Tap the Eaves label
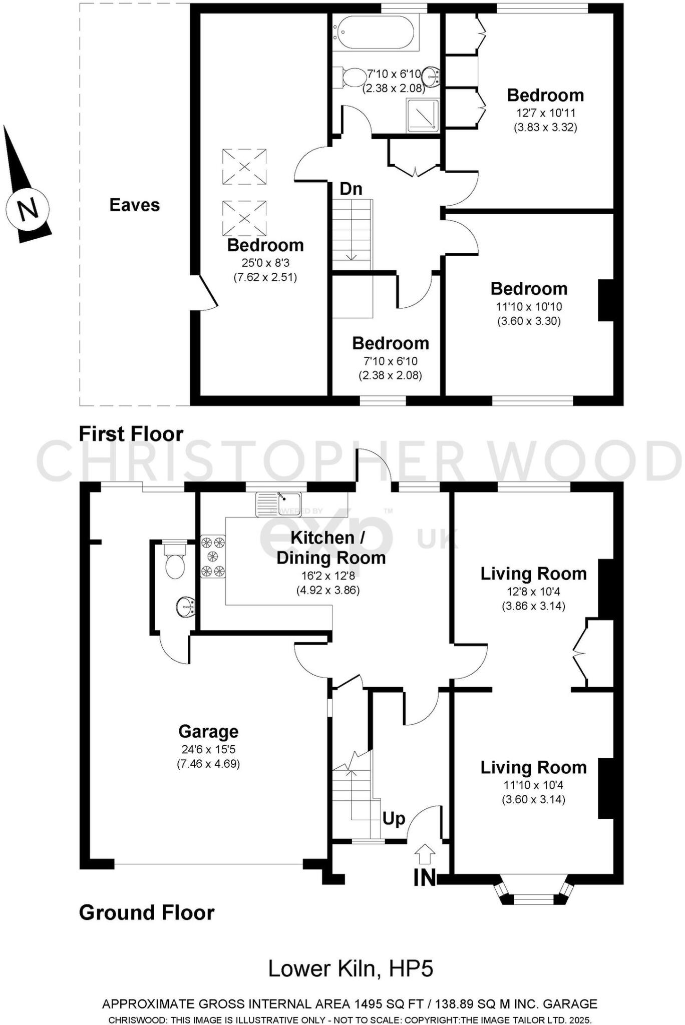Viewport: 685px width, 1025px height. [x=134, y=205]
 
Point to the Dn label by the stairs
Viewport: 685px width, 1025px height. [x=351, y=189]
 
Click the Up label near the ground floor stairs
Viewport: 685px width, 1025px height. [x=394, y=819]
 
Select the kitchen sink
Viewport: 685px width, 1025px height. [x=278, y=503]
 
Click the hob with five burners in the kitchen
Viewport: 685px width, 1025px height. [x=213, y=556]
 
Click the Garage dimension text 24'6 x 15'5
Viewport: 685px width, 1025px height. [x=208, y=749]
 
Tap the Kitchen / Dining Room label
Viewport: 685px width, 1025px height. [x=330, y=548]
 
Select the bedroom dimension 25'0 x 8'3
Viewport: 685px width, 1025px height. [x=265, y=262]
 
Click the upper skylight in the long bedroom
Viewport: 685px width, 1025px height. [x=244, y=167]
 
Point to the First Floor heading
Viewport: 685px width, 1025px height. [x=131, y=434]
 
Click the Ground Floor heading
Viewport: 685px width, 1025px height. [x=147, y=912]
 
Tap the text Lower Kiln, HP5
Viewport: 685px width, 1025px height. [x=351, y=968]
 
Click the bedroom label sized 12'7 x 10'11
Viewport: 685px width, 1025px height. [x=545, y=95]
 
